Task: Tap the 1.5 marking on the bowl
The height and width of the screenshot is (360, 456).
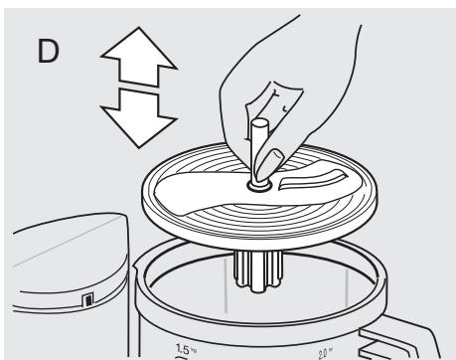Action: [183, 348]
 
